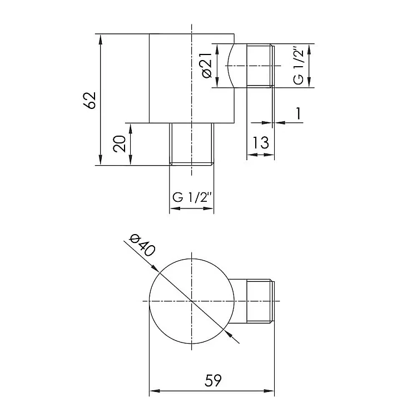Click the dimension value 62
click(90, 100)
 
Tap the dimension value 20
click(119, 143)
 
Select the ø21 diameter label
click(207, 65)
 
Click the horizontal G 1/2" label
click(192, 197)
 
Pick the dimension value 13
click(260, 142)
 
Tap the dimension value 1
click(299, 113)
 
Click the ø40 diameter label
click(142, 245)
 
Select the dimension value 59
click(213, 380)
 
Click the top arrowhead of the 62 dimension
click(100, 39)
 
